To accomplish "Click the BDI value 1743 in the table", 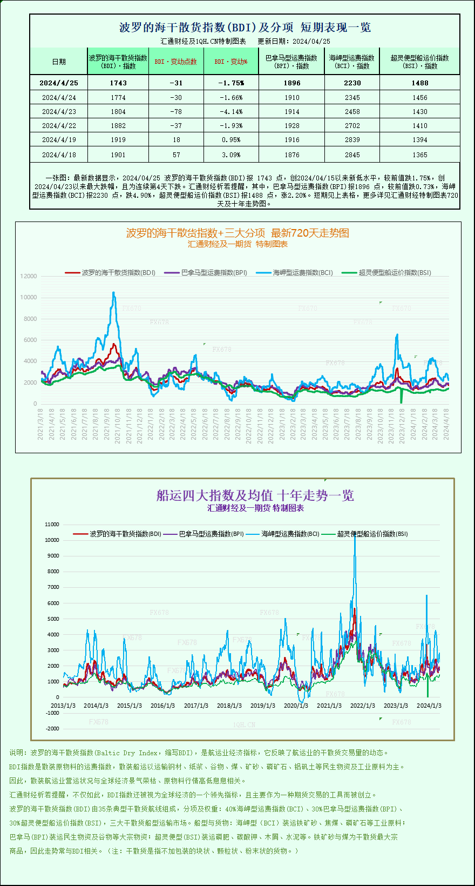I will (118, 83).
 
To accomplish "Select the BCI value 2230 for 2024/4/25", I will (352, 83).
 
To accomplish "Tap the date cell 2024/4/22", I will (59, 125).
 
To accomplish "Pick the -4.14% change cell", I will (231, 111).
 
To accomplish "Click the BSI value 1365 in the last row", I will (419, 155).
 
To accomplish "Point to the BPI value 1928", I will (291, 125).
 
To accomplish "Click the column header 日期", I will (59, 62).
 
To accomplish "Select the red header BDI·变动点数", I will (176, 62).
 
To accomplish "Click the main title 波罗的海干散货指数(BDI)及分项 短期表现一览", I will (245, 28).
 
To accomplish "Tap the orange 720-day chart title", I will (237, 233).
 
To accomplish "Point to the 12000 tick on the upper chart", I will (29, 276).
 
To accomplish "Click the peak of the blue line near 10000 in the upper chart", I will (113, 293).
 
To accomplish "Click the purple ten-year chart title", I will (255, 495).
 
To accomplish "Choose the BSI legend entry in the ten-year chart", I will (372, 534).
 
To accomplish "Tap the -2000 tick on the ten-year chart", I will (52, 729).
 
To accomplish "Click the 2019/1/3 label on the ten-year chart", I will (263, 706).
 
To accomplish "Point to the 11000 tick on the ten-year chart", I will (52, 524).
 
